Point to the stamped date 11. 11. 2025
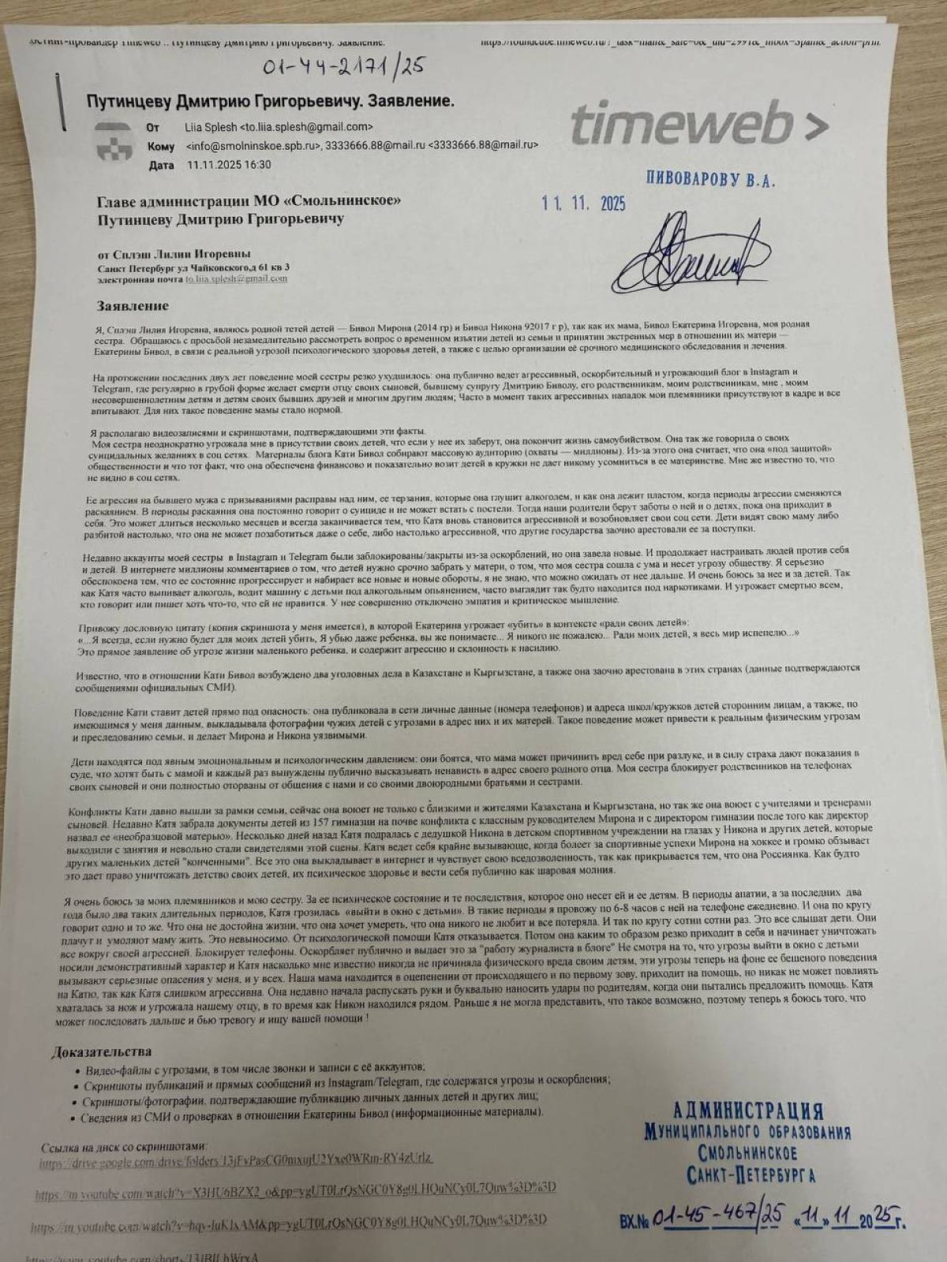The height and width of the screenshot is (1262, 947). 583,203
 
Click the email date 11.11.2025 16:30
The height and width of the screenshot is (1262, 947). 229,165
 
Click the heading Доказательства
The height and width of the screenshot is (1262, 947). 100,1051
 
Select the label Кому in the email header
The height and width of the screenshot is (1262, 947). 160,146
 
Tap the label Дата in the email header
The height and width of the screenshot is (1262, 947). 160,166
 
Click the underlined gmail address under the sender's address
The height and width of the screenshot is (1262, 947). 236,278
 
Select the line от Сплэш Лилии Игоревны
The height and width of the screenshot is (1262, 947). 174,253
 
